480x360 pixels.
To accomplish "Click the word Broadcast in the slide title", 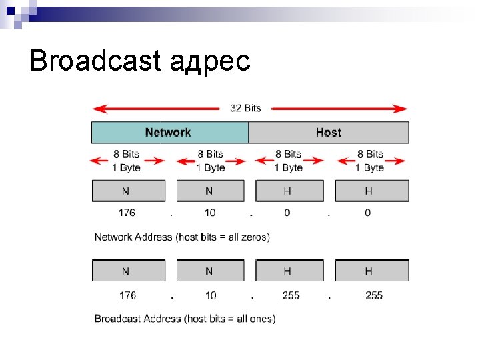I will tap(95, 61).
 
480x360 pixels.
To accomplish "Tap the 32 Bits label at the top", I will tap(245, 108).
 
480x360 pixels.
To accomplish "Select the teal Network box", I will tap(169, 133).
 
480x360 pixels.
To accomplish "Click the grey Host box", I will tap(328, 133).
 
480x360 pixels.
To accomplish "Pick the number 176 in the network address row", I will tap(127, 213).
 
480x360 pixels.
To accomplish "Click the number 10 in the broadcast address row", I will tap(211, 295).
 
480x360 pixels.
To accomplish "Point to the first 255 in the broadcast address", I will tap(291, 295).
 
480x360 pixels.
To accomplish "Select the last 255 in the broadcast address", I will tap(374, 295).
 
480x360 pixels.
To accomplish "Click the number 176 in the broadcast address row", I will tap(127, 295).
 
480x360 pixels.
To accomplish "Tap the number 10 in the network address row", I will tap(210, 213).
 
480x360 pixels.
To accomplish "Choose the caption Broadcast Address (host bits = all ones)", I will tap(185, 319).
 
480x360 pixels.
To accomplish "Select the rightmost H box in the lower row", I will tap(371, 271).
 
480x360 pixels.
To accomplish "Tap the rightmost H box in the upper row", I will tap(371, 191).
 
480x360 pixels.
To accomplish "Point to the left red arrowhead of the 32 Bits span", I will tap(98, 109).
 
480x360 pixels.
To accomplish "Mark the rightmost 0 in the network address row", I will tap(368, 213).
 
